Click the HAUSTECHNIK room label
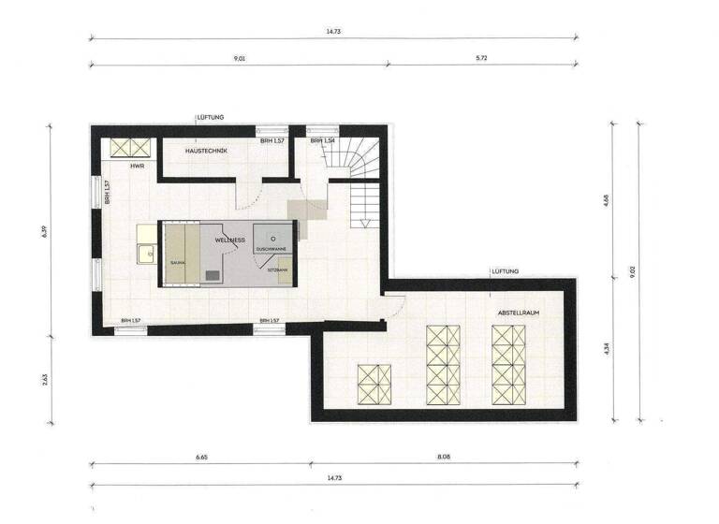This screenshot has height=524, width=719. (206, 152)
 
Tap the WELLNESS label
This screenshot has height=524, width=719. (230, 240)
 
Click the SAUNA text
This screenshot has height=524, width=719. (177, 263)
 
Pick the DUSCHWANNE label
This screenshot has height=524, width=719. (271, 250)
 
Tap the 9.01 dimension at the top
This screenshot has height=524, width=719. (240, 57)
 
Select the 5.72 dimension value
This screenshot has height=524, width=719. (483, 57)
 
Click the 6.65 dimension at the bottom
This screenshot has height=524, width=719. (200, 458)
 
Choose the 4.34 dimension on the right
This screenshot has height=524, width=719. (607, 348)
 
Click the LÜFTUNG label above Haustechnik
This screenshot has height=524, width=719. (211, 117)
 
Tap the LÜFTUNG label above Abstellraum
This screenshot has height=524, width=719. (505, 271)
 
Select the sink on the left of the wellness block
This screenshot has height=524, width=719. (145, 252)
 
